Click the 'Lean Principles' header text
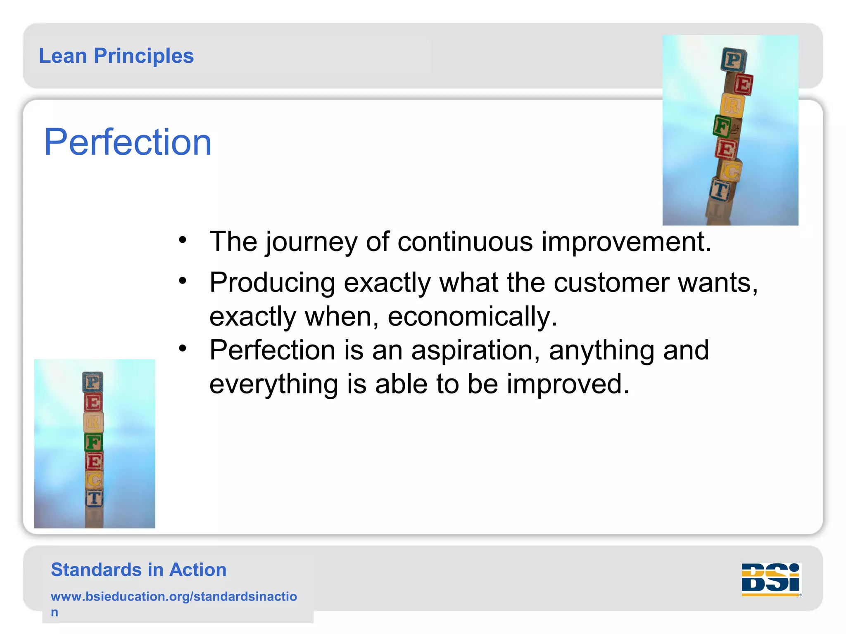pyautogui.click(x=116, y=56)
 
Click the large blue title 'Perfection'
pyautogui.click(x=128, y=142)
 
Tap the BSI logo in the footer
pyautogui.click(x=771, y=579)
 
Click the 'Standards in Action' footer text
pyautogui.click(x=138, y=570)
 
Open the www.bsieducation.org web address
pyautogui.click(x=173, y=596)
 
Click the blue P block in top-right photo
pyautogui.click(x=734, y=60)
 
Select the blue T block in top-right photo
pyautogui.click(x=720, y=190)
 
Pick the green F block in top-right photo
pyautogui.click(x=722, y=126)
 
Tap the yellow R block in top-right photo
pyautogui.click(x=732, y=105)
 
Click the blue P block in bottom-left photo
pyautogui.click(x=93, y=382)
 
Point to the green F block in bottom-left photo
pyautogui.click(x=93, y=442)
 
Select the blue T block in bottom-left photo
pyautogui.click(x=94, y=498)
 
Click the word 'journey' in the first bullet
pyautogui.click(x=311, y=242)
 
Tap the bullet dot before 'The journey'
pyautogui.click(x=183, y=240)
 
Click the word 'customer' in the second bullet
pyautogui.click(x=611, y=283)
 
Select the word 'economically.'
pyautogui.click(x=472, y=317)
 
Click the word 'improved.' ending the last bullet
pyautogui.click(x=568, y=384)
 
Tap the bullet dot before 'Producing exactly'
pyautogui.click(x=183, y=281)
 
